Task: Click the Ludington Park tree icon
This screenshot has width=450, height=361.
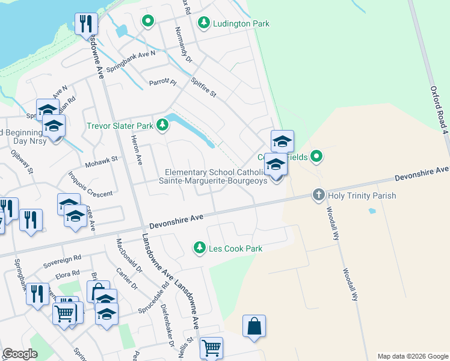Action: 204,23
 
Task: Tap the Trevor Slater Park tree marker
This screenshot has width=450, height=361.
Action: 162,126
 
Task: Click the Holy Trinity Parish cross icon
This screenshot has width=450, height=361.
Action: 318,195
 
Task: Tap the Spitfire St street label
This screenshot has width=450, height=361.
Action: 203,88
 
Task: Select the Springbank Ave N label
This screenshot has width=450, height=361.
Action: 131,61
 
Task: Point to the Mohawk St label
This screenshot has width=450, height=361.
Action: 103,162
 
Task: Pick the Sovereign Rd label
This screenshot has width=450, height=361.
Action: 63,261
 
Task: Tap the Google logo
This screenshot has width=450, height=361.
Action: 20,354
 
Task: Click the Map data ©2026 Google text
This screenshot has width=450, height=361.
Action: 413,356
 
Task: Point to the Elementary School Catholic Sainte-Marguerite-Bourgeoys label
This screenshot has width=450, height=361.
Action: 216,177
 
